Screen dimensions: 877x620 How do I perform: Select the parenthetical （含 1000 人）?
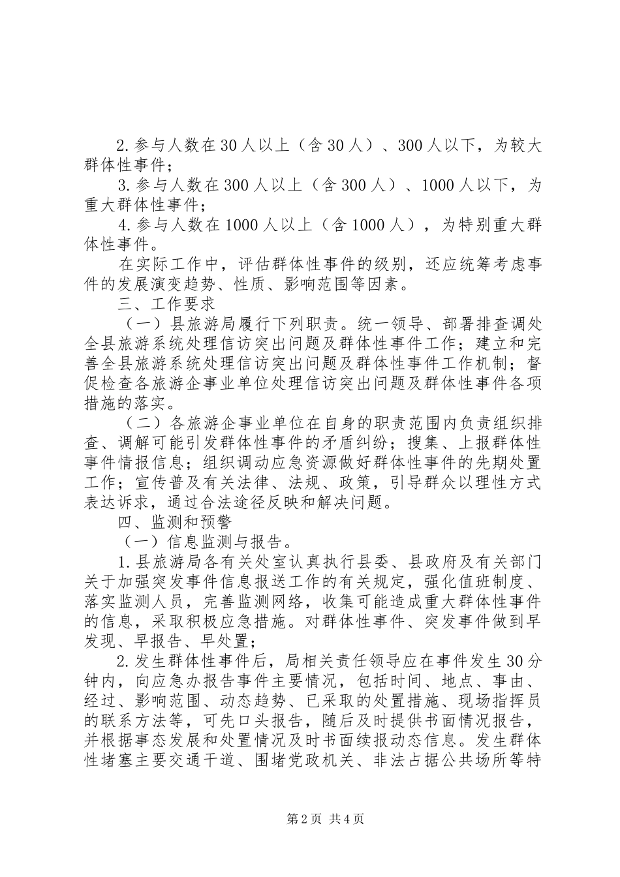pos(373,225)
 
